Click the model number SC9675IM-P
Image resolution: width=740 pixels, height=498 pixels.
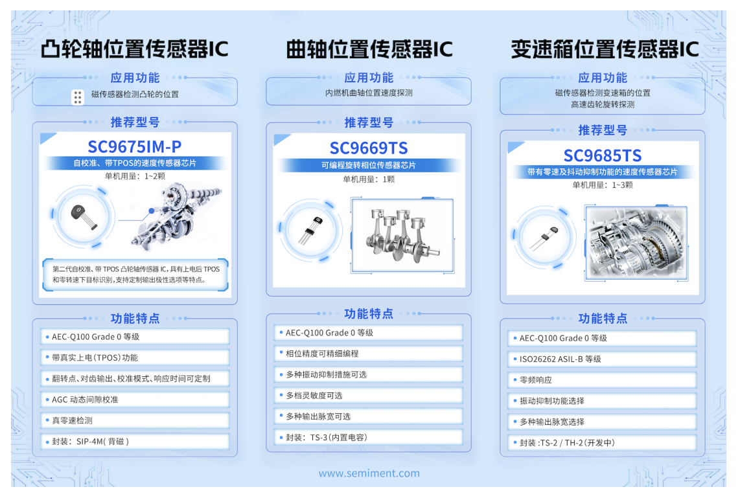134,146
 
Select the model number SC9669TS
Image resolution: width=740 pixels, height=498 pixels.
369,148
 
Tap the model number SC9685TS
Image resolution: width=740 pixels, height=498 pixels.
602,155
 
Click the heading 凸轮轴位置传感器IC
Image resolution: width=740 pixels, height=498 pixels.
134,49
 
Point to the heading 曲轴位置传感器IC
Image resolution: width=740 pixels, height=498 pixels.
369,49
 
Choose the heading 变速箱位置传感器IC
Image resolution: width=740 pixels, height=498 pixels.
604,49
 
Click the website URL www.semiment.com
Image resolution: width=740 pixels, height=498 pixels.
369,473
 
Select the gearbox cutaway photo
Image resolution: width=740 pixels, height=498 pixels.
636,242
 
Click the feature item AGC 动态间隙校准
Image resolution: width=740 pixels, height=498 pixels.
85,400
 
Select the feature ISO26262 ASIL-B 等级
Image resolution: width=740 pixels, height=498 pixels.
560,359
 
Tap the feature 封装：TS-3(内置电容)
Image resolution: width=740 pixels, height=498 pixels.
327,437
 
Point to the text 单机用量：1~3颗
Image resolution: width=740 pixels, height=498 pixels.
602,185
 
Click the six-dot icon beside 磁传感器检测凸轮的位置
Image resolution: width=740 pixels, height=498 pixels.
78,97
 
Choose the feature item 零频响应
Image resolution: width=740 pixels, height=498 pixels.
536,380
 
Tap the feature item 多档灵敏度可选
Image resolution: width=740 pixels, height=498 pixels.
314,396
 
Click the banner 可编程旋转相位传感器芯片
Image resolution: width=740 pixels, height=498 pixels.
369,165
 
